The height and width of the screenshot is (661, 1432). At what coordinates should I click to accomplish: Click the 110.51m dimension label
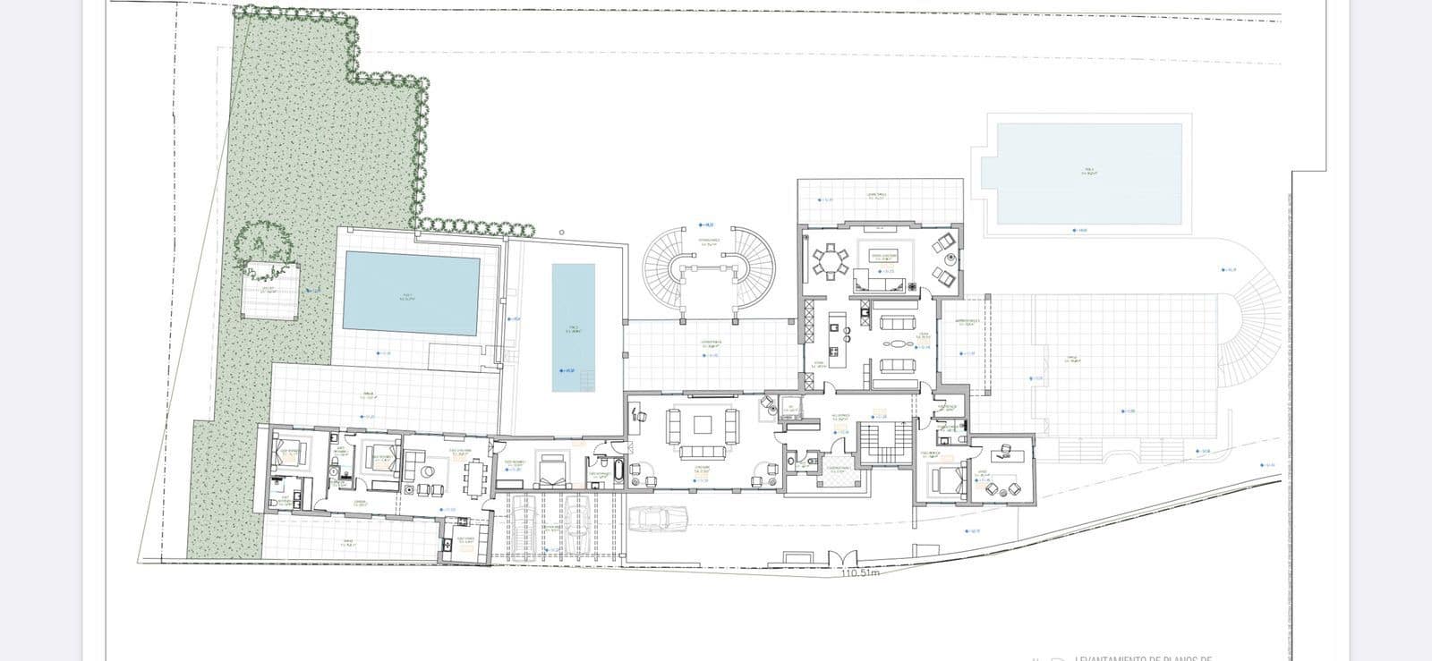click(x=860, y=573)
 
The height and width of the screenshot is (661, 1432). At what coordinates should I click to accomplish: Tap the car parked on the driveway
click(x=658, y=519)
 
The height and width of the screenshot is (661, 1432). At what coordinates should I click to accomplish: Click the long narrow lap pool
click(x=574, y=327)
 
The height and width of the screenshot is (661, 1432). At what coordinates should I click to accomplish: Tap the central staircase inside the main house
click(x=884, y=443)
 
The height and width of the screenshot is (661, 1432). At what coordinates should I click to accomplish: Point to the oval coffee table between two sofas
click(x=896, y=343)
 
